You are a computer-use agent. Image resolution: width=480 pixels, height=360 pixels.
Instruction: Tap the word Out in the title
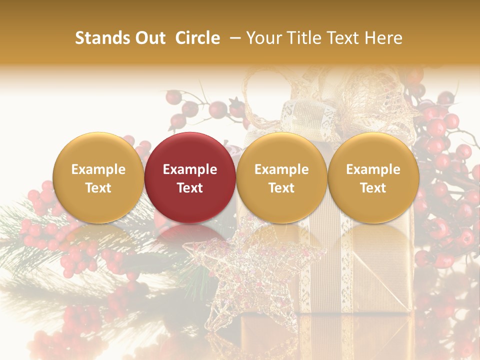149,38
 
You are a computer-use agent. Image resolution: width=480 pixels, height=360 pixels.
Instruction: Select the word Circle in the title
197,38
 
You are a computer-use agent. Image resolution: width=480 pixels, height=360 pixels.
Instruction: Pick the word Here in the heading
383,38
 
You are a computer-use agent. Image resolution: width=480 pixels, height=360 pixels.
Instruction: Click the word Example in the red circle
190,169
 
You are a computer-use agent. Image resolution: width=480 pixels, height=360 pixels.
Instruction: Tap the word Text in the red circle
190,188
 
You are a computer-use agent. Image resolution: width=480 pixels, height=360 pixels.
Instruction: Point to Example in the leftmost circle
98,169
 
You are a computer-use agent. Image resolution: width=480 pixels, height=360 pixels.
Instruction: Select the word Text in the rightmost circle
373,188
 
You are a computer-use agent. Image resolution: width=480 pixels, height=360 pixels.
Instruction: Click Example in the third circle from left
281,169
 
